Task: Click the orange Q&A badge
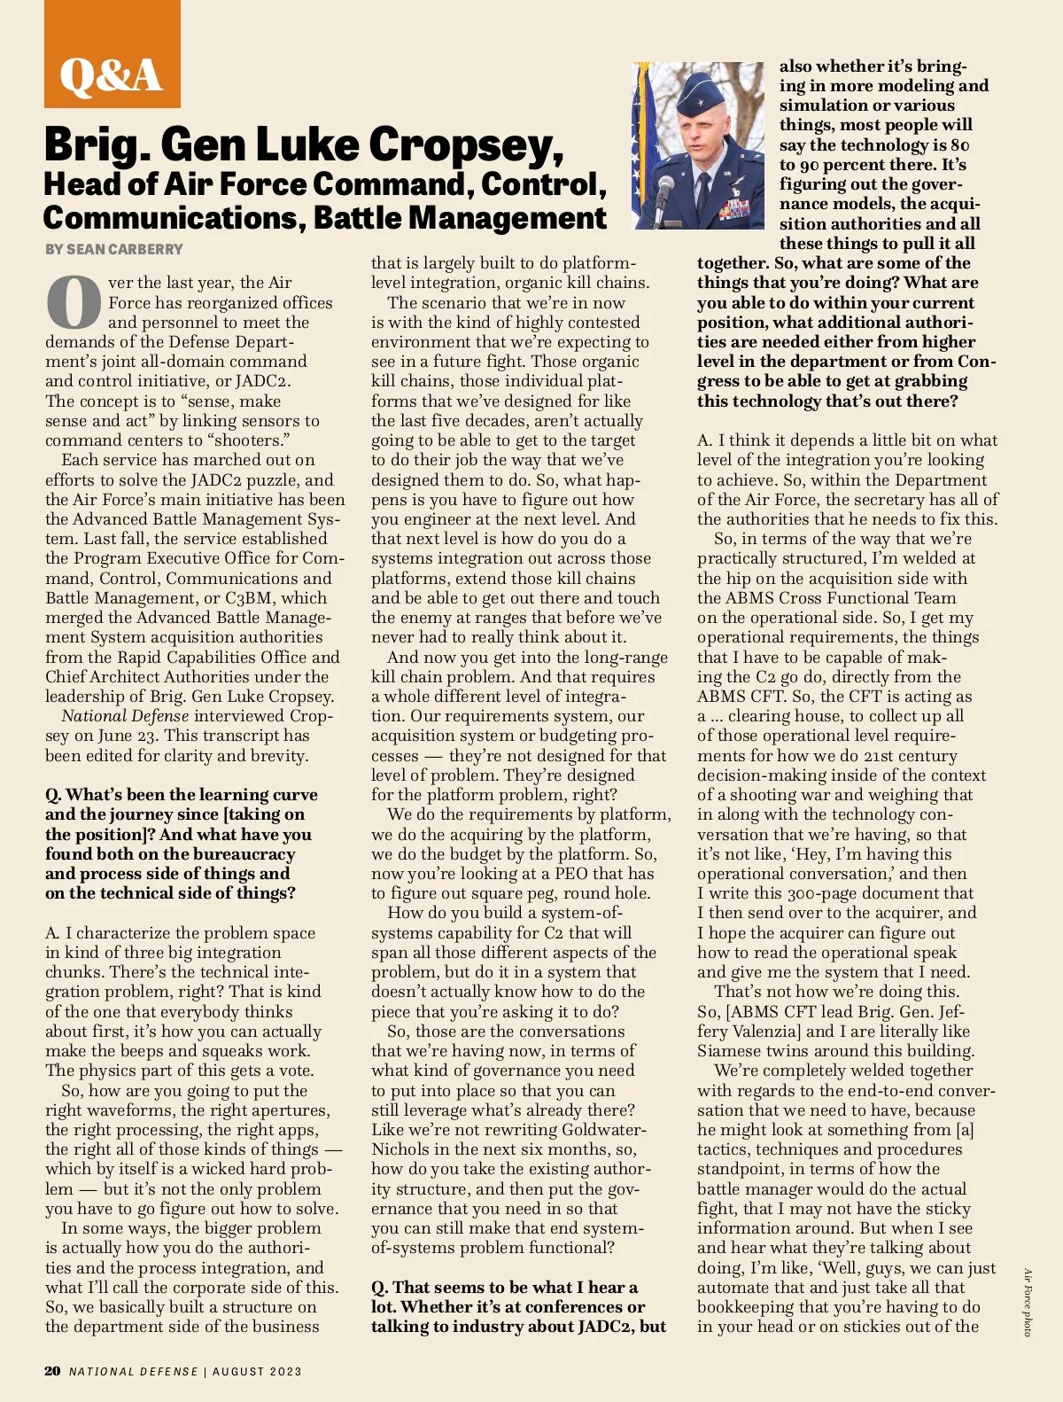pyautogui.click(x=112, y=55)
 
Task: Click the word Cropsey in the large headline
pyautogui.click(x=466, y=145)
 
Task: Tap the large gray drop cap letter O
pyautogui.click(x=74, y=302)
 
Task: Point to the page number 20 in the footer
pyautogui.click(x=52, y=1371)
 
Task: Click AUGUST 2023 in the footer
pyautogui.click(x=257, y=1372)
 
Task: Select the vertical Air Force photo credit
pyautogui.click(x=1028, y=1302)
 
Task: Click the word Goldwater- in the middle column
pyautogui.click(x=601, y=1130)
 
